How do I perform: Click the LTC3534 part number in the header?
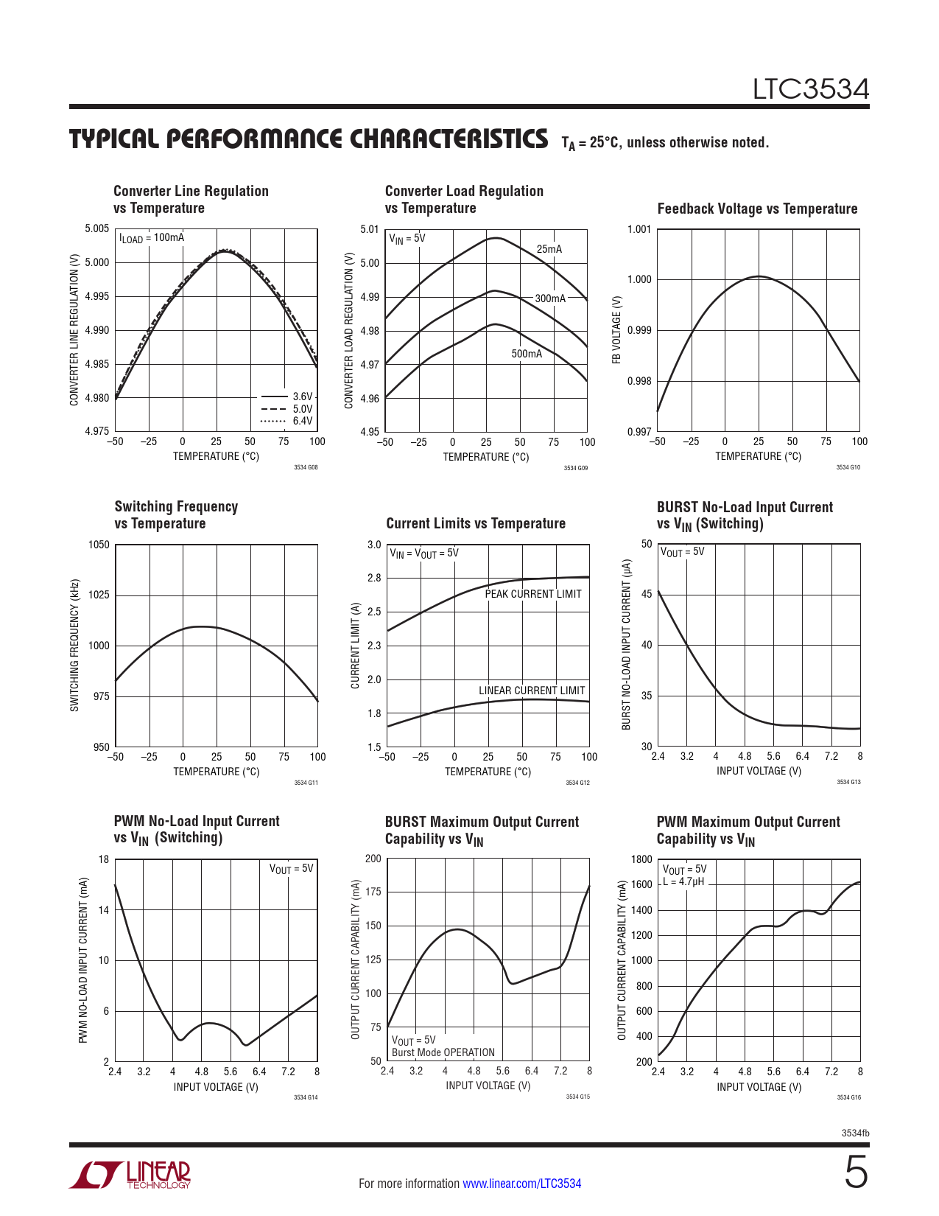810,89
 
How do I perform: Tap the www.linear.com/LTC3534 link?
521,1184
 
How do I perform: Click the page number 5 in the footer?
856,1173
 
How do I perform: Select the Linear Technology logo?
130,1175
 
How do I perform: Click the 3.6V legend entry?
302,396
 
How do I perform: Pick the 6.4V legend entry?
302,421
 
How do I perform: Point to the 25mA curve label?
549,249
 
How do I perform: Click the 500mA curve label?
527,354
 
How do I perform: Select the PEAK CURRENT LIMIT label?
532,594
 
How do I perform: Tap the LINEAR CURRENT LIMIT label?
532,691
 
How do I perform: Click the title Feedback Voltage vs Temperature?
757,209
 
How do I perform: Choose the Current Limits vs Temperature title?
476,523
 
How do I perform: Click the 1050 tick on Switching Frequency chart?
99,545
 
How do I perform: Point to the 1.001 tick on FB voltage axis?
639,229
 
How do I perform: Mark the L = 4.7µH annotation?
683,881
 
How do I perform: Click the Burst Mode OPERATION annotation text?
443,1052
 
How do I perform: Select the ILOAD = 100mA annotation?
152,238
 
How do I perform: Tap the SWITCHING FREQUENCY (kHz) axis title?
74,646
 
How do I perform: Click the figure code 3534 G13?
848,782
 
